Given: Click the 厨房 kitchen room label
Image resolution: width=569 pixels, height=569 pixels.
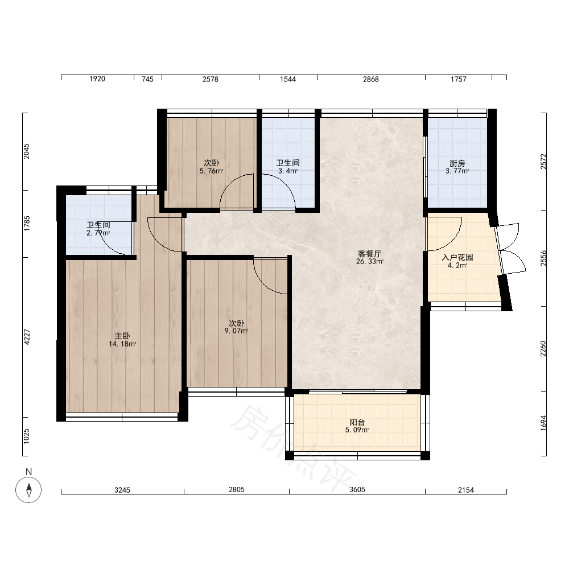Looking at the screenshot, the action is point(457,163).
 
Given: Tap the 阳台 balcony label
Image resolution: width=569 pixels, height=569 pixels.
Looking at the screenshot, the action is point(357,422).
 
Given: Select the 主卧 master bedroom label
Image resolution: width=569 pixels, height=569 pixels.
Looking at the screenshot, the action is point(122,336).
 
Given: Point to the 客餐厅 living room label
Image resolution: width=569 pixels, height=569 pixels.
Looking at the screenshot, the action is point(369,254).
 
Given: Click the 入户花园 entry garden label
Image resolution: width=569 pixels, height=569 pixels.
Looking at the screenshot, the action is point(457,257).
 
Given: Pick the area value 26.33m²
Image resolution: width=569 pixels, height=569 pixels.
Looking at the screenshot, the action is point(370,261).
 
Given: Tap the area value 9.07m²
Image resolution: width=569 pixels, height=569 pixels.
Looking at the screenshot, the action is point(236,331).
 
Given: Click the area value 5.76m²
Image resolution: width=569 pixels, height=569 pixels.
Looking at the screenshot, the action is point(211,171).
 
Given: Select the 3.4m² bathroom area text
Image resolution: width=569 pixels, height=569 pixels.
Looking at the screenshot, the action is point(288,171).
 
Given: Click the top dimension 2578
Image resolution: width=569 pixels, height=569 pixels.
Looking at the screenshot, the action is point(211,79).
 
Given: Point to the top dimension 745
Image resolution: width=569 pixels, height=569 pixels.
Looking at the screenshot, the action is point(147,79).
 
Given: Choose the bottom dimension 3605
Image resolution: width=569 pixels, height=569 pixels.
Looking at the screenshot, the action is point(357,490).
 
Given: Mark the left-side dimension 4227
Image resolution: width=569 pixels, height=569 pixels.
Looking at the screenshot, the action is point(27,337).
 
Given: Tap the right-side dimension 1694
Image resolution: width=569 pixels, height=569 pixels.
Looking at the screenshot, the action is point(543,423).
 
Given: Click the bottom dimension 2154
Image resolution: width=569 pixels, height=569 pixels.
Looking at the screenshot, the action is point(466,490).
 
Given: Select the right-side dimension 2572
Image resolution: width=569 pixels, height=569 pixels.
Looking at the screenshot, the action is point(543,162).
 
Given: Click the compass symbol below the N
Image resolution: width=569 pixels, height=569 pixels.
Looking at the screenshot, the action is point(28,490).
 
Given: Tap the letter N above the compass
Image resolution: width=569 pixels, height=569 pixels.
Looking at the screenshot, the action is point(28,472).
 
